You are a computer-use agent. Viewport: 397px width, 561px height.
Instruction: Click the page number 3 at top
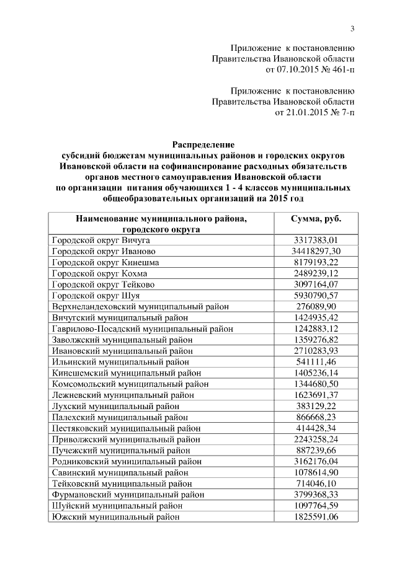click(352, 28)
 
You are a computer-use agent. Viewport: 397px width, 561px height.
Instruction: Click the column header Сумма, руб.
click(316, 219)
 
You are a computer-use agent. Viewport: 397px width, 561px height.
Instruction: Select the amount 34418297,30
click(316, 251)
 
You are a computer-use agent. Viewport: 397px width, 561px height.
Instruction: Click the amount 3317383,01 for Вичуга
click(316, 240)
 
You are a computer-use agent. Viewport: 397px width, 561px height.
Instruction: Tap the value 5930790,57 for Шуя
click(316, 295)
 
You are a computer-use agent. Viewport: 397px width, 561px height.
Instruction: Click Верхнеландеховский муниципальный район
click(141, 306)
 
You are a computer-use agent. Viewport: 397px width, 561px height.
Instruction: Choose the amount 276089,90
click(316, 306)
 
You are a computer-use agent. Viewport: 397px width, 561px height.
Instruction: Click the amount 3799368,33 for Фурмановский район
click(316, 495)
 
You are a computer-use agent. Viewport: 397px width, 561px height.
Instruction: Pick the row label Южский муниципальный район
click(115, 516)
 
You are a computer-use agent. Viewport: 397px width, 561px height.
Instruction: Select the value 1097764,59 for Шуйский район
click(316, 505)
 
